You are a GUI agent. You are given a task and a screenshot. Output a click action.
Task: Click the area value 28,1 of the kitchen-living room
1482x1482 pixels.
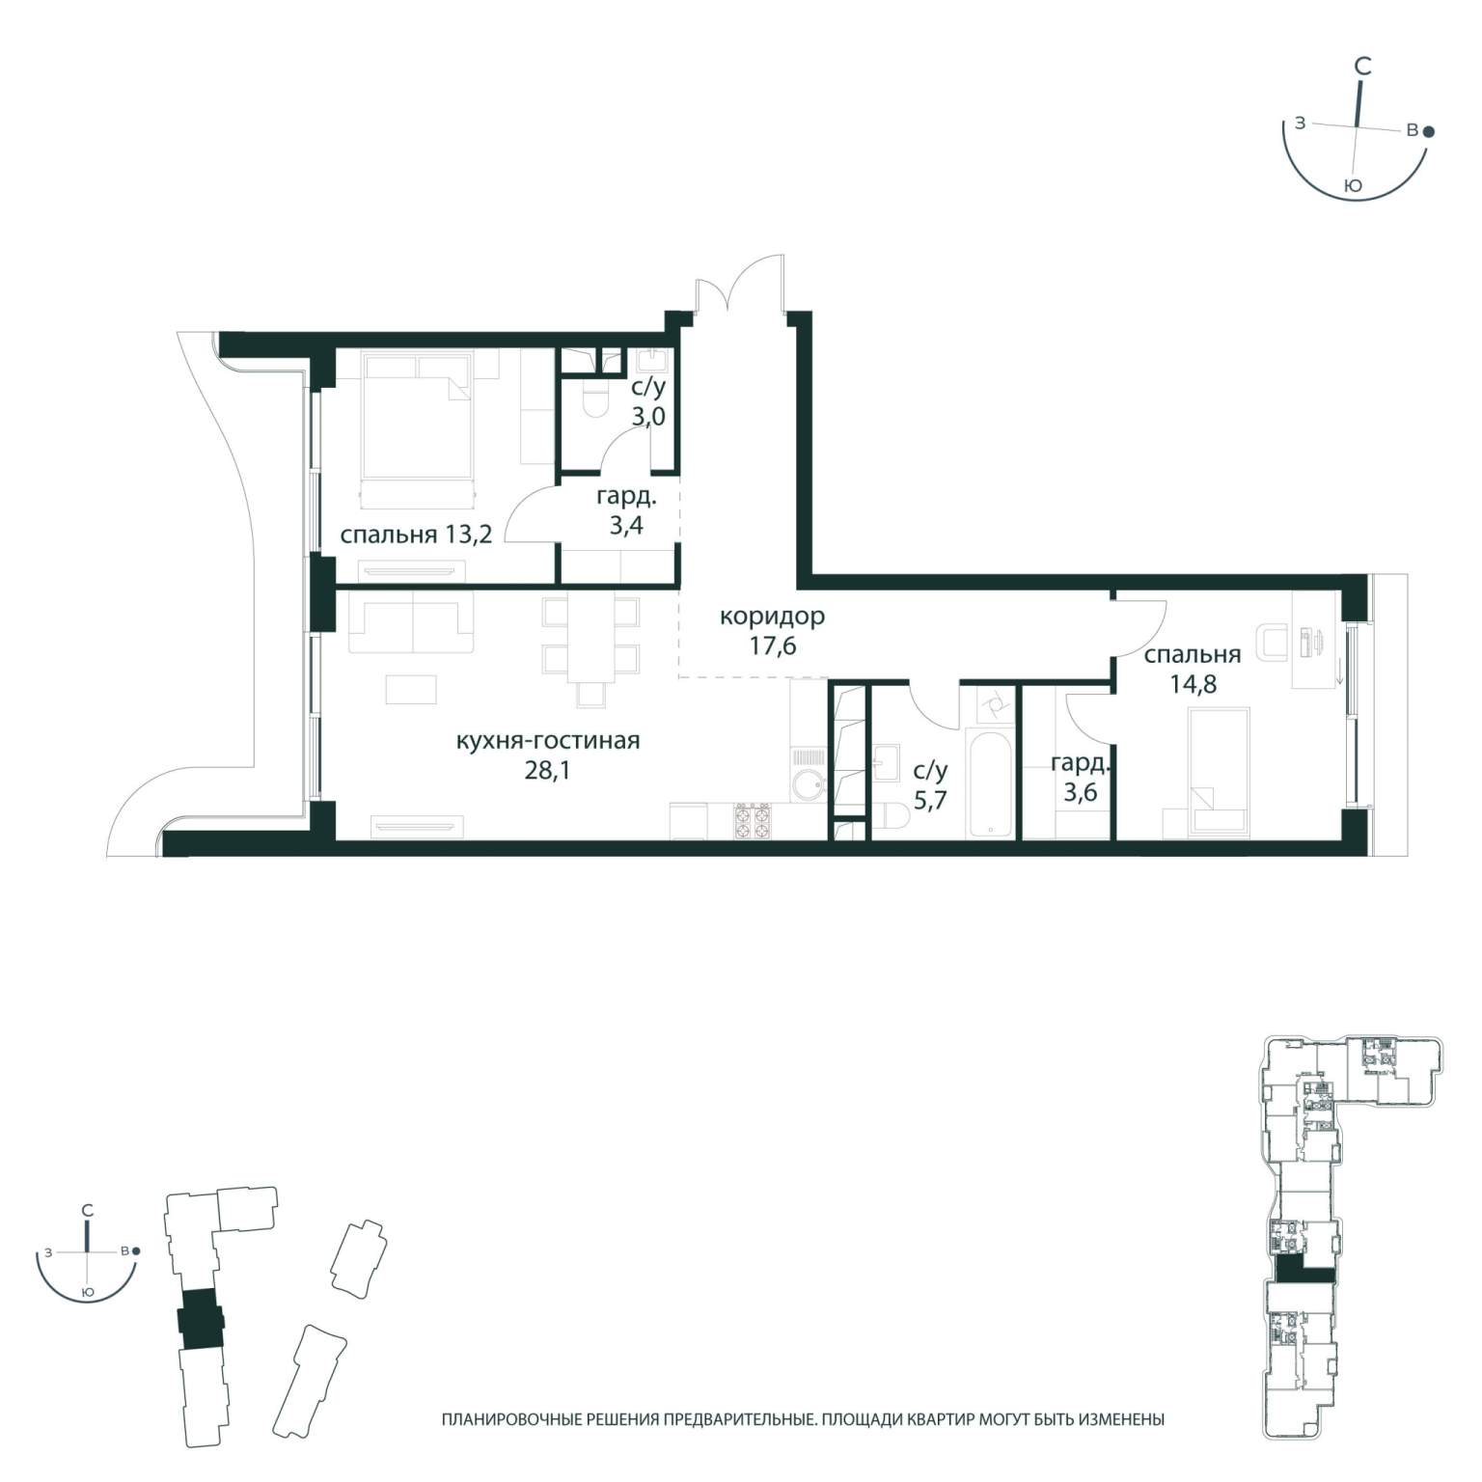pos(547,772)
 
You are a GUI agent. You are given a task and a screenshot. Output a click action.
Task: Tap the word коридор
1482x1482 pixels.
pos(773,616)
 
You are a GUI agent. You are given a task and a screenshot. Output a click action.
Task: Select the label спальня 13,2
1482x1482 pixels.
pos(417,534)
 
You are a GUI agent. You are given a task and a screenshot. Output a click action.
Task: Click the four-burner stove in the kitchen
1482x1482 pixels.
pos(753,820)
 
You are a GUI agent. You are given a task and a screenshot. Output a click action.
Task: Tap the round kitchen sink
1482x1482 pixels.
pos(809,785)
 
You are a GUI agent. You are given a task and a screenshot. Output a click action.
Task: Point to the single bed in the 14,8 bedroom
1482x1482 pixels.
pos(1220,772)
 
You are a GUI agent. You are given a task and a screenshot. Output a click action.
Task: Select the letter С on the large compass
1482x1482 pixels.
pos(1362,66)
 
